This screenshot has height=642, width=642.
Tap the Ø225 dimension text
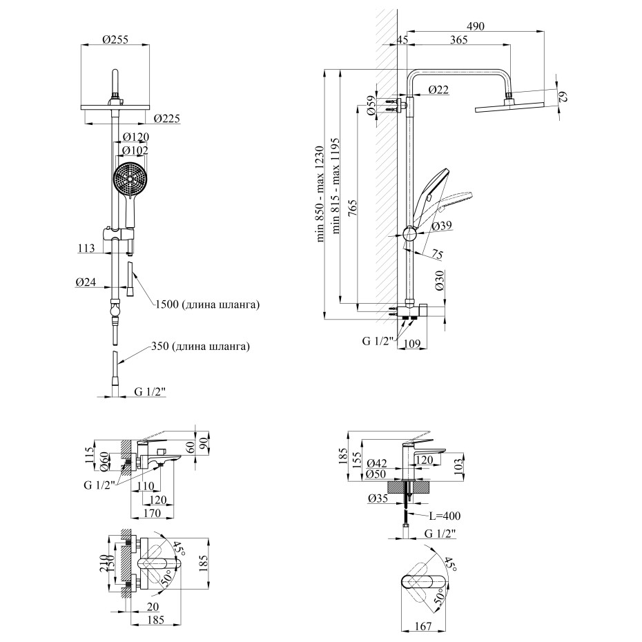pyautogui.click(x=166, y=119)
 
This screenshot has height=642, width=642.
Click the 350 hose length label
pyautogui.click(x=200, y=347)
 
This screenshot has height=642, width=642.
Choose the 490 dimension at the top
pyautogui.click(x=476, y=26)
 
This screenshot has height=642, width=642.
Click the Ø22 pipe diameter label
pyautogui.click(x=438, y=89)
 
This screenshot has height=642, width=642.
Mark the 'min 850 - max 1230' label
pyautogui.click(x=320, y=194)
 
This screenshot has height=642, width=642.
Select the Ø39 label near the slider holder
pyautogui.click(x=442, y=226)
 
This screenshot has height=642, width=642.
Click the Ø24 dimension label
pyautogui.click(x=86, y=282)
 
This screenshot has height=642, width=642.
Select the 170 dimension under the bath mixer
pyautogui.click(x=153, y=513)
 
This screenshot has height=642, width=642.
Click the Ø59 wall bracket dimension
pyautogui.click(x=370, y=104)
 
